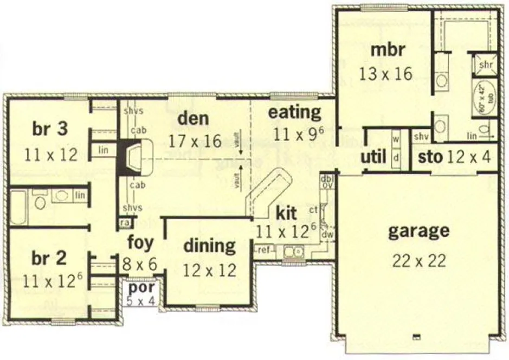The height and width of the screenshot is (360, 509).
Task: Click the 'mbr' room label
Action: (x=388, y=50)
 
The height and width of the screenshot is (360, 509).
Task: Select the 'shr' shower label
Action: (x=485, y=65)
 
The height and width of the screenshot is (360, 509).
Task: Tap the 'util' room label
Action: (x=373, y=157)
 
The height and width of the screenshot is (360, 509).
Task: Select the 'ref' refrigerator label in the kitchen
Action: (x=264, y=250)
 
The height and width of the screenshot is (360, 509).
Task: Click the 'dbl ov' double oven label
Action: (x=327, y=181)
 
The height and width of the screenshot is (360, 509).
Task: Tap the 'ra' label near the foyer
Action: (x=124, y=222)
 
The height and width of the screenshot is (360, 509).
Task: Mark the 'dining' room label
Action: (x=209, y=246)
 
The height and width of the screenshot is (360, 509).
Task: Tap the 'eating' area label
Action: (x=295, y=113)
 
